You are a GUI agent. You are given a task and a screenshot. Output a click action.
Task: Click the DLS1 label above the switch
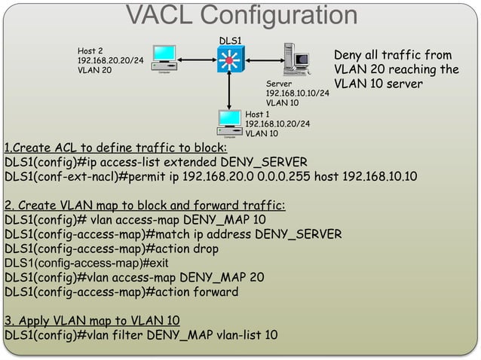pyautogui.click(x=229, y=38)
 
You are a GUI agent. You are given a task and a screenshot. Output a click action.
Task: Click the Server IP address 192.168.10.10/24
pyautogui.click(x=297, y=93)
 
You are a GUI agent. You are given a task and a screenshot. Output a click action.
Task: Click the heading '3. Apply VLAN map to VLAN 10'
pyautogui.click(x=91, y=319)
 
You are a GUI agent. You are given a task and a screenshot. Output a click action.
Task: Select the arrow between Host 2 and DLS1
pyautogui.click(x=196, y=57)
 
